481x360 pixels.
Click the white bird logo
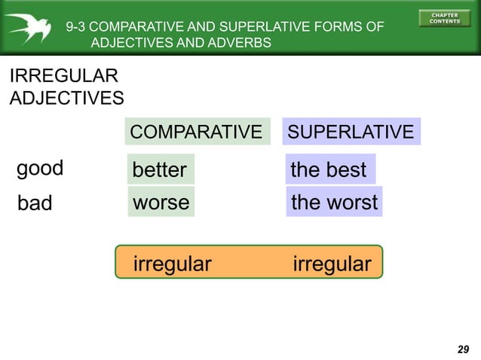point(28,28)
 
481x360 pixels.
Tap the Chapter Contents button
point(444,19)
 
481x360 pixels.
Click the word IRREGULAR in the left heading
point(63,76)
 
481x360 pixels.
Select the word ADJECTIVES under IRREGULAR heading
point(66,98)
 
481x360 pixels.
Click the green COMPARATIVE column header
point(196,132)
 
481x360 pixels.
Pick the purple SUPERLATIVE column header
point(351,132)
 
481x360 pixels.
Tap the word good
point(40,168)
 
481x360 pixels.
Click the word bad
point(35,203)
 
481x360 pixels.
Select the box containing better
point(160,169)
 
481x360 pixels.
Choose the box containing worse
point(161,202)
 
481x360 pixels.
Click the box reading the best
point(329,169)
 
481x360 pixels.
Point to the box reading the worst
point(334,202)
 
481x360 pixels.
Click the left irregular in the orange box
point(172,264)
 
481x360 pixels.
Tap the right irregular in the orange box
point(332,264)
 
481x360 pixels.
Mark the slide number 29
point(463,349)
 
